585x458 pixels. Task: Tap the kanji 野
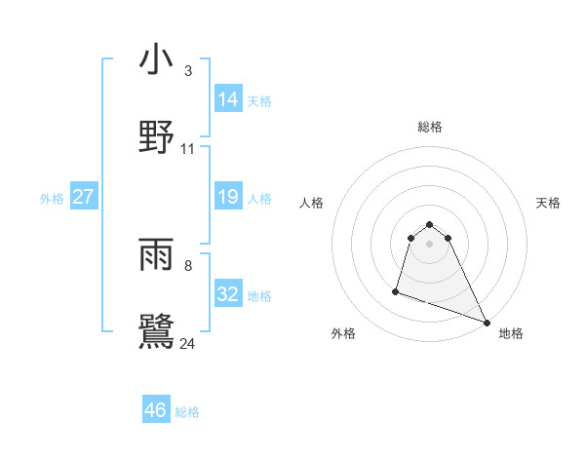[x=156, y=136]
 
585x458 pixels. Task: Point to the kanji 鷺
[x=156, y=331]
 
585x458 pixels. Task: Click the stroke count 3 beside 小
[x=187, y=71]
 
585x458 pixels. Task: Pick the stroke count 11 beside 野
[x=188, y=149]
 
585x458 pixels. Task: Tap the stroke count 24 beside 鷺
[x=188, y=343]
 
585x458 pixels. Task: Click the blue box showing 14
[x=228, y=98]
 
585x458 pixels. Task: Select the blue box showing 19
[x=228, y=197]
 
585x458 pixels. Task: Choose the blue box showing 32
[x=228, y=293]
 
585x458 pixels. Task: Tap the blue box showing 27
[x=84, y=197]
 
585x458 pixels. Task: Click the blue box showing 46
[x=156, y=410]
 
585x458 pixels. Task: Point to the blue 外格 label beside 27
[x=52, y=199]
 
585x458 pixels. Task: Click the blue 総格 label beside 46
[x=187, y=412]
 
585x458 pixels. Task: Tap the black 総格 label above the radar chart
[x=430, y=127]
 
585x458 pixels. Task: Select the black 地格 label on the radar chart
[x=511, y=333]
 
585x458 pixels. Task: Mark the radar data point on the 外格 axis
[x=396, y=290]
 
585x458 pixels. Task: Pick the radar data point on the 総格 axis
[x=430, y=221]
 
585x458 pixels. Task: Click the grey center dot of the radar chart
[x=430, y=242]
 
